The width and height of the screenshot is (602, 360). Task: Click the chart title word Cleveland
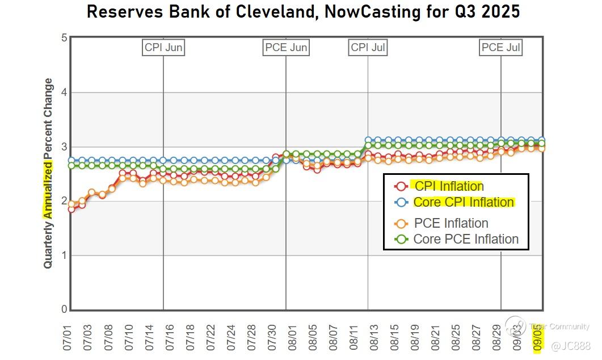(x=272, y=11)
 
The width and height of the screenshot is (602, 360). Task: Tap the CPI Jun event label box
(x=163, y=47)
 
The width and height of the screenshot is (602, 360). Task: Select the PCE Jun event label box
(x=287, y=47)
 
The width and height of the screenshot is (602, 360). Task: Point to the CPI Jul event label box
(x=368, y=47)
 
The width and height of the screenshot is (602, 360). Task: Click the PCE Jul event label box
(x=500, y=47)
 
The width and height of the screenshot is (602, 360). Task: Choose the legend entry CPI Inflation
(x=449, y=186)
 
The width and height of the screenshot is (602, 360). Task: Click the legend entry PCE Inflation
(x=451, y=223)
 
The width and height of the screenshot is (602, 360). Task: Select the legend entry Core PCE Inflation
(x=466, y=239)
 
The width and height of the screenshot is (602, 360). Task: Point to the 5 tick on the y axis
(x=64, y=38)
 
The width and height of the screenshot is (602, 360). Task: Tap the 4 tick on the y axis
(x=64, y=93)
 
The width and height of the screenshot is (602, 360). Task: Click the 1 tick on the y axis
(x=64, y=256)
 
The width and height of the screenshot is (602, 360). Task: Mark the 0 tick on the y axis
(x=64, y=309)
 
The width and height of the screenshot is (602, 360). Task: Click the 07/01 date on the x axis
(x=68, y=336)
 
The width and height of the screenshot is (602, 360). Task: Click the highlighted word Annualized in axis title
(x=49, y=190)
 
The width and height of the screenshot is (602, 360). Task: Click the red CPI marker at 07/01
(x=71, y=209)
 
